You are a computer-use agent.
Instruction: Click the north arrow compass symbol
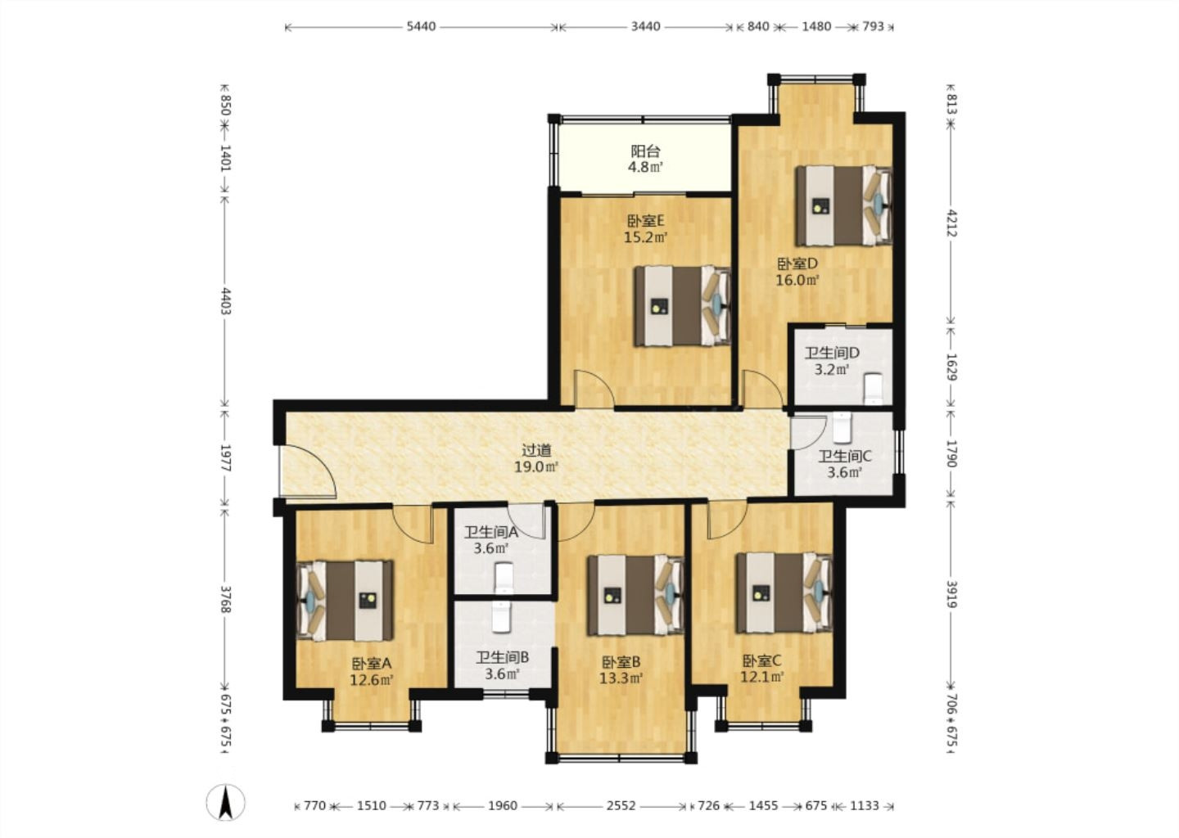click(x=225, y=803)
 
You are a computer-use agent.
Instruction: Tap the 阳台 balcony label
click(x=645, y=151)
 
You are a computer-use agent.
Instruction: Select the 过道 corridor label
click(x=536, y=450)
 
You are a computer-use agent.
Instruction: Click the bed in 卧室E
click(x=682, y=305)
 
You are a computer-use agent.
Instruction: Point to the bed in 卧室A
click(x=345, y=600)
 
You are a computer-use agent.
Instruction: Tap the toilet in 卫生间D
click(x=874, y=389)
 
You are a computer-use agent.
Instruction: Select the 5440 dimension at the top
click(x=421, y=26)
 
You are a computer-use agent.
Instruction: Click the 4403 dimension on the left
click(x=226, y=301)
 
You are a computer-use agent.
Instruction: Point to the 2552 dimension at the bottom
click(x=621, y=805)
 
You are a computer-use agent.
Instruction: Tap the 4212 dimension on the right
click(x=952, y=223)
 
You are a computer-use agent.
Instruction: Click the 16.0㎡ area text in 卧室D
click(x=797, y=280)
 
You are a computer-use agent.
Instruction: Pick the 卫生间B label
click(x=502, y=657)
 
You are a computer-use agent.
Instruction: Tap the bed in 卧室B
click(x=635, y=594)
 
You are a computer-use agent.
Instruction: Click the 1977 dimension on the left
click(x=226, y=457)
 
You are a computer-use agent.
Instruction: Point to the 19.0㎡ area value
click(x=535, y=466)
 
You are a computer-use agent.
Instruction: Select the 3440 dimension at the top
click(x=646, y=26)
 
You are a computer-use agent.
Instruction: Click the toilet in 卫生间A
click(x=504, y=579)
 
